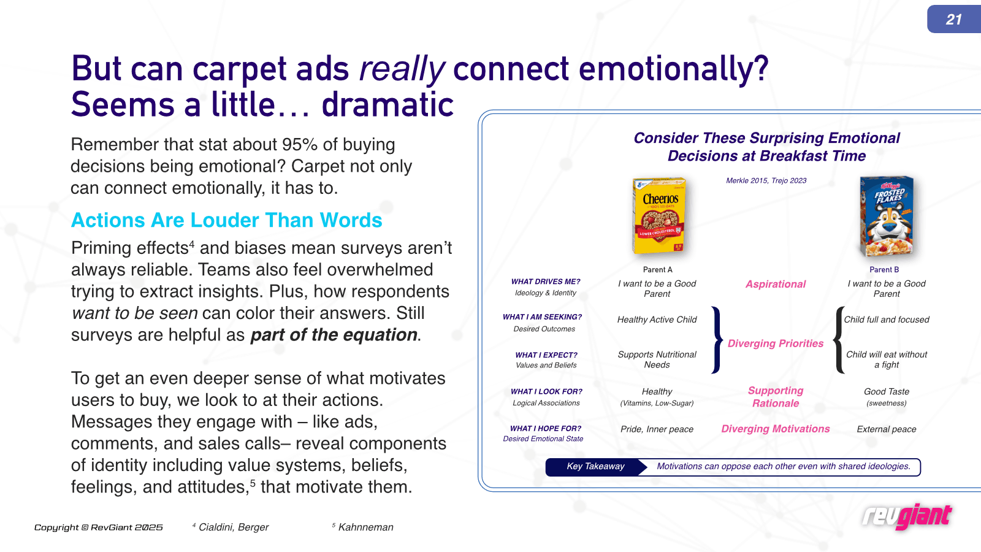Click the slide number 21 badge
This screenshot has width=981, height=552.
click(954, 19)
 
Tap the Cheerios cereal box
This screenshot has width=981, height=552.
click(659, 215)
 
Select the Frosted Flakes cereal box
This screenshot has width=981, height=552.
click(887, 217)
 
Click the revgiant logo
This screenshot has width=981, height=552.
click(907, 517)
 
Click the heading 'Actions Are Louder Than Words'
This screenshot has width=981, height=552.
click(226, 220)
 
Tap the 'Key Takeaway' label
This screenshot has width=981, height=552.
click(595, 466)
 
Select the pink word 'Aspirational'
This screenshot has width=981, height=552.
click(775, 284)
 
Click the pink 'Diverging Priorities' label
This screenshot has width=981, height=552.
click(775, 343)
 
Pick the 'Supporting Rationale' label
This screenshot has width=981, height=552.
click(775, 397)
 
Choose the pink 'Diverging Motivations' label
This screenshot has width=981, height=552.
click(775, 429)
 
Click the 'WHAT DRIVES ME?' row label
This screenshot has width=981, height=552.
click(545, 282)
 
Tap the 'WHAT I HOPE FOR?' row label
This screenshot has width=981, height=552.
click(545, 429)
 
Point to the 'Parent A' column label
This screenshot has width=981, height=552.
click(657, 270)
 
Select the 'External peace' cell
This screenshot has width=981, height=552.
click(887, 429)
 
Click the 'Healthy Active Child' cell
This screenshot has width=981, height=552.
click(657, 320)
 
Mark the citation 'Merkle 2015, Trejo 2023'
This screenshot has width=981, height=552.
click(766, 180)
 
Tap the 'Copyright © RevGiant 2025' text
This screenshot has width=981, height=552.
click(99, 527)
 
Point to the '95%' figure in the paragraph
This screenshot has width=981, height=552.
click(299, 145)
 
